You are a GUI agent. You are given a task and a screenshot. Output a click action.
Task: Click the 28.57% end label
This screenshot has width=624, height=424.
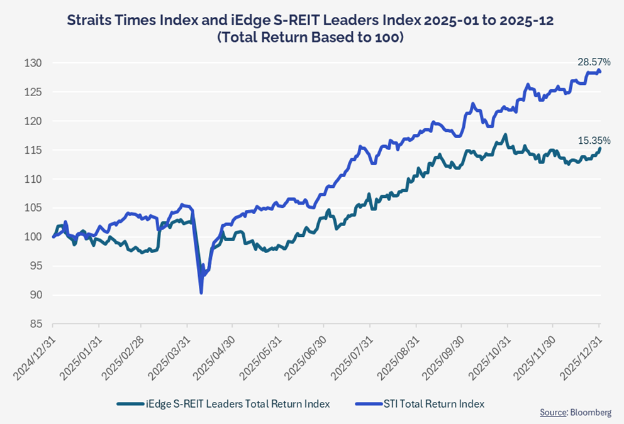pos(594,62)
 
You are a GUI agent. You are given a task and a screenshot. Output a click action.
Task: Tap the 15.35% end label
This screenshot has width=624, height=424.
pos(594,140)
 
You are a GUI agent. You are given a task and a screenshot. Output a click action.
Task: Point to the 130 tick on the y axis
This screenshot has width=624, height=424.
pos(33,63)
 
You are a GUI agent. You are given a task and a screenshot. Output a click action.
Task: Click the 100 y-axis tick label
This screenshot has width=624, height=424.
pos(33,237)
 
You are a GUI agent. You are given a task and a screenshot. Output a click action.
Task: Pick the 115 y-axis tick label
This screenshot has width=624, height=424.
pos(33,150)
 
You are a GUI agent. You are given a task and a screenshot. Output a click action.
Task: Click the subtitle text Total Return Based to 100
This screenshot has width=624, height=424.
pos(311,38)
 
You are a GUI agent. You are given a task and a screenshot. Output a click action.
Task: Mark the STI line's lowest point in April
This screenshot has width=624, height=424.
pos(201,293)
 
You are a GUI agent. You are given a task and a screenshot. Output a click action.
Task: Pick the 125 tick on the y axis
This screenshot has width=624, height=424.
pos(33,92)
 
